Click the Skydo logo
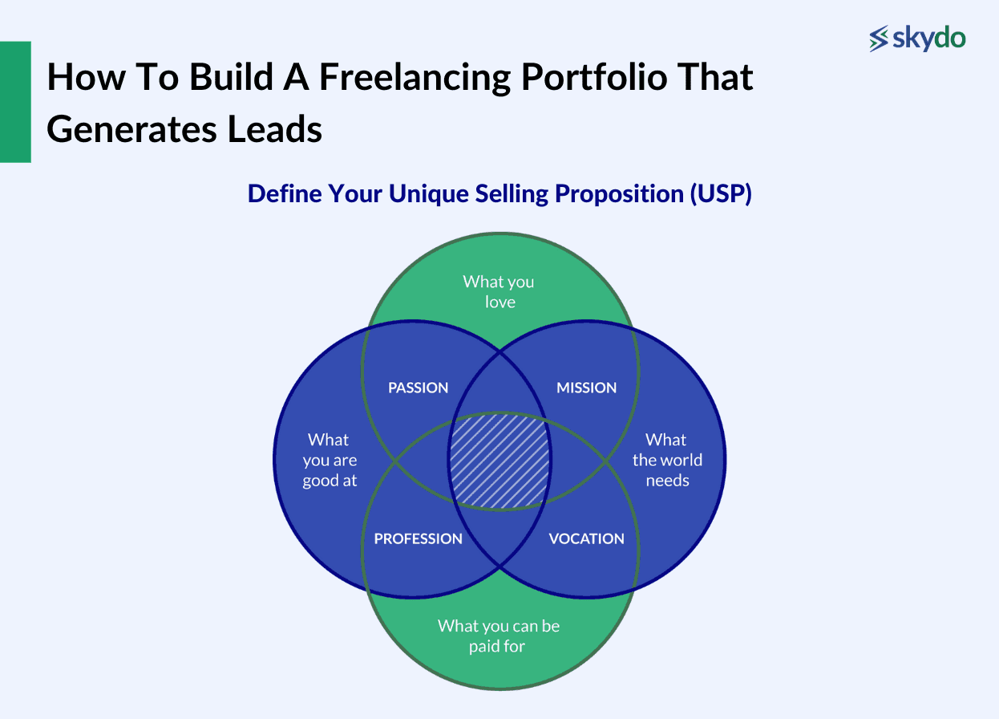tap(917, 38)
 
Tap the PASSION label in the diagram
tap(418, 388)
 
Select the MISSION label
tap(586, 388)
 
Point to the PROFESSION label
tap(418, 538)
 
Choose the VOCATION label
tap(586, 538)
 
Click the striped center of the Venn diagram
tap(499, 461)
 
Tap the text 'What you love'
tap(499, 291)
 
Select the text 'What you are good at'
tap(330, 460)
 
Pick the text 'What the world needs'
tap(667, 460)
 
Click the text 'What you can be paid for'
tap(499, 636)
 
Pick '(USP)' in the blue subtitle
tap(720, 194)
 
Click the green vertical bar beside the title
tap(15, 102)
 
